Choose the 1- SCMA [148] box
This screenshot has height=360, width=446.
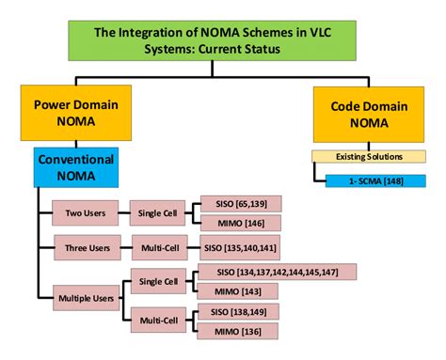click(374, 179)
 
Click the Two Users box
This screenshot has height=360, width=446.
click(86, 212)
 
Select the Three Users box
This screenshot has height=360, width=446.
click(86, 249)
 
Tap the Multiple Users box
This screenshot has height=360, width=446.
click(86, 301)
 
